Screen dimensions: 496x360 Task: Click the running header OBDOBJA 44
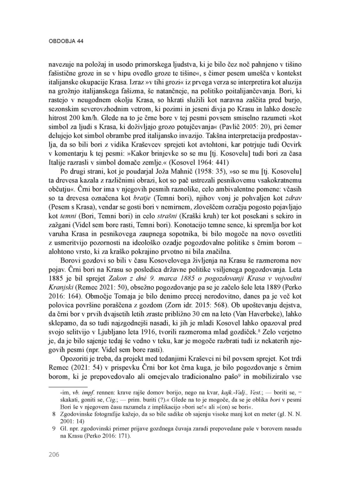66,41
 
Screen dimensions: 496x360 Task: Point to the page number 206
54,455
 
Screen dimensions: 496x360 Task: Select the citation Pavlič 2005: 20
245,126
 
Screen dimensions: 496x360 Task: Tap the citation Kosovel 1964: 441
200,162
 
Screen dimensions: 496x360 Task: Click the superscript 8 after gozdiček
257,330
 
